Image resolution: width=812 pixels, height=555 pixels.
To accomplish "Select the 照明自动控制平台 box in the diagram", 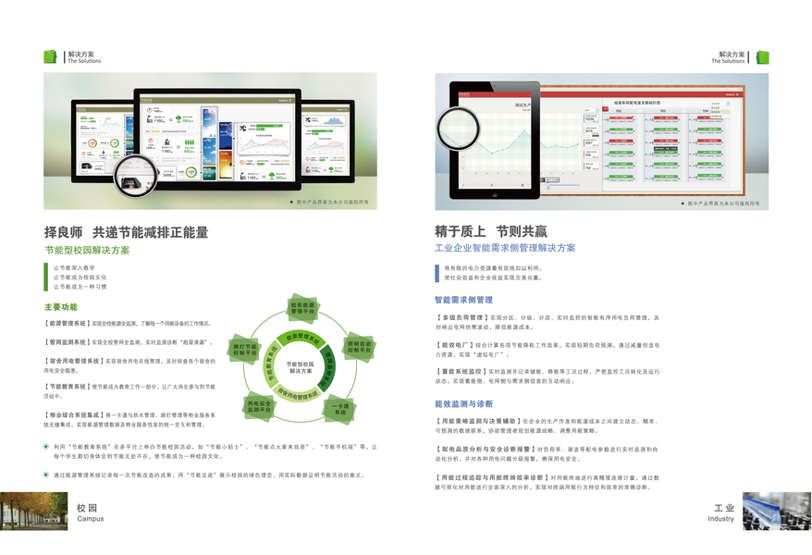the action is tap(359, 348).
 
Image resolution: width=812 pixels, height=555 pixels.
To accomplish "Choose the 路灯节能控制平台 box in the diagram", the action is tap(242, 349).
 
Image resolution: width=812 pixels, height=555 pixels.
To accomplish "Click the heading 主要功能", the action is tap(61, 306).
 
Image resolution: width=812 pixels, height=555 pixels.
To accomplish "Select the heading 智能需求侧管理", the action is tap(464, 300).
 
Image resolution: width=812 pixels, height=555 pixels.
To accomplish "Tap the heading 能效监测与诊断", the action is tap(464, 404).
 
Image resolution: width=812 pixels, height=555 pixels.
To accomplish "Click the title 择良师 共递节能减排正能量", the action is tap(127, 232).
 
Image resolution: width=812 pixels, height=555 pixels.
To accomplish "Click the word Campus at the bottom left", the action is tap(90, 519).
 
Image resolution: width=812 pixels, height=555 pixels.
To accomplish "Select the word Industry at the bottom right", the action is tap(720, 519).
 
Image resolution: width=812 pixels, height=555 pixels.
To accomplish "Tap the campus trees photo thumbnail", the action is tap(34, 511).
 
